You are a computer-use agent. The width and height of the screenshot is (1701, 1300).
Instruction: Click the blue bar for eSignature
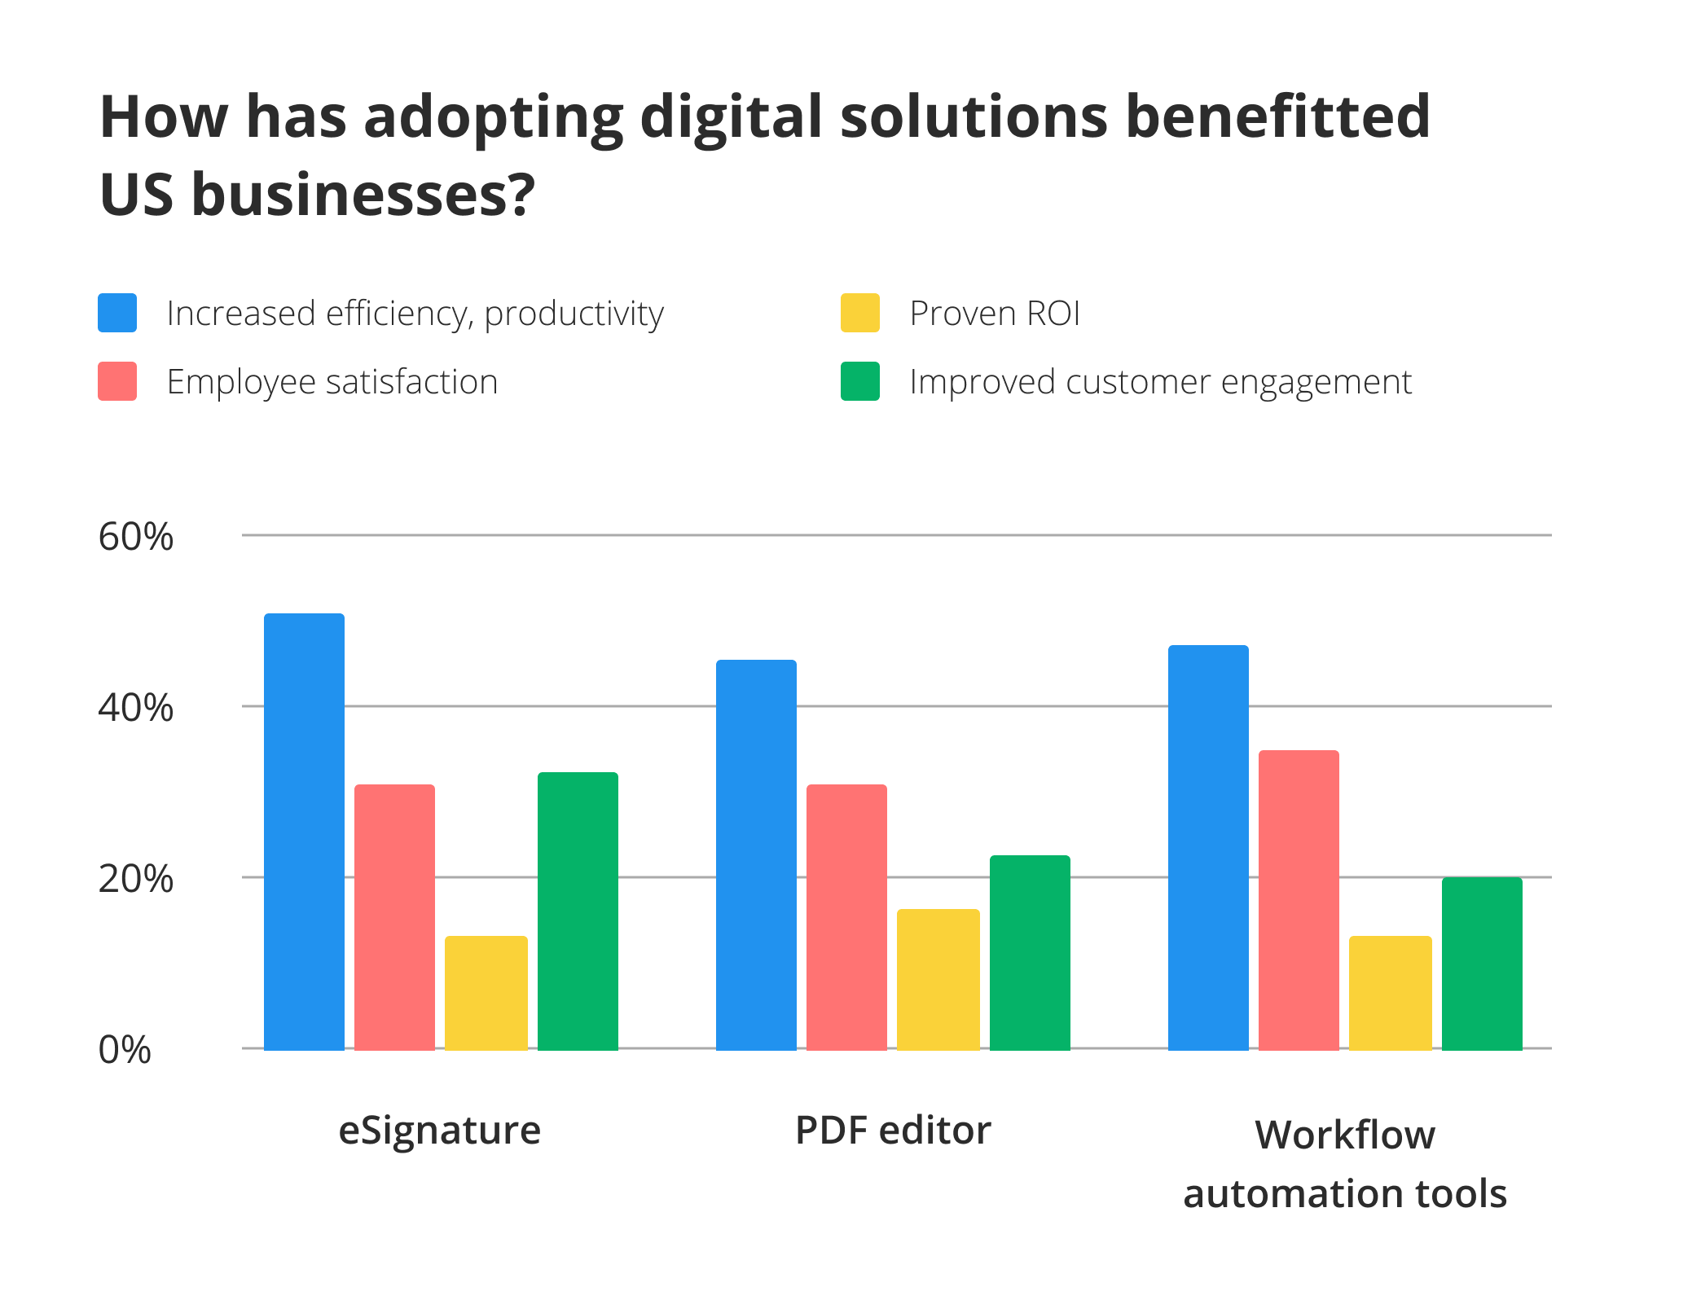(304, 831)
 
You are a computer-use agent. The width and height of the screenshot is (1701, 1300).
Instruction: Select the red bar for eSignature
(394, 916)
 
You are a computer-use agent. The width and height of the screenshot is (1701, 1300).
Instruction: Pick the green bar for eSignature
(578, 910)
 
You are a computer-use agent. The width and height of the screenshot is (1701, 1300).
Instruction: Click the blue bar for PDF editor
(756, 854)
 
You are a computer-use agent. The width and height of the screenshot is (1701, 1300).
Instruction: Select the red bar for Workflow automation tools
(1299, 899)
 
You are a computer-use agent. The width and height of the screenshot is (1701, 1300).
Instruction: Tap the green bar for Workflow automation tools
(1482, 963)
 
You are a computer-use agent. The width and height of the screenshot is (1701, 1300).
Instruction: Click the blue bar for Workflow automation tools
(1208, 847)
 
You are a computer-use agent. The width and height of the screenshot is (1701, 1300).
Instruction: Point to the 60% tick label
(135, 537)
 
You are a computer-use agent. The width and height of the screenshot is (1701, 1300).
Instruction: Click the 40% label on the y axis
(135, 708)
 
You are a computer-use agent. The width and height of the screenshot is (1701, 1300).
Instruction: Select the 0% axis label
(125, 1050)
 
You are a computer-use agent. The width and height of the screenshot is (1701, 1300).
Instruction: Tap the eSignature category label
(439, 1131)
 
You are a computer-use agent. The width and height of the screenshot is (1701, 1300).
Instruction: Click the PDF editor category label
(893, 1131)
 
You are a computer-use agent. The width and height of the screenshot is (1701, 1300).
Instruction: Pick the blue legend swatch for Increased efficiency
(117, 313)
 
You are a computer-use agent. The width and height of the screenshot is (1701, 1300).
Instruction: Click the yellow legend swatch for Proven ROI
(860, 313)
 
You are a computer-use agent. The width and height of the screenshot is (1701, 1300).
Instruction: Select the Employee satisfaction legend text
(332, 382)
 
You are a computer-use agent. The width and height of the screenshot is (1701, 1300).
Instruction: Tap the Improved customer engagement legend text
(1160, 382)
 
